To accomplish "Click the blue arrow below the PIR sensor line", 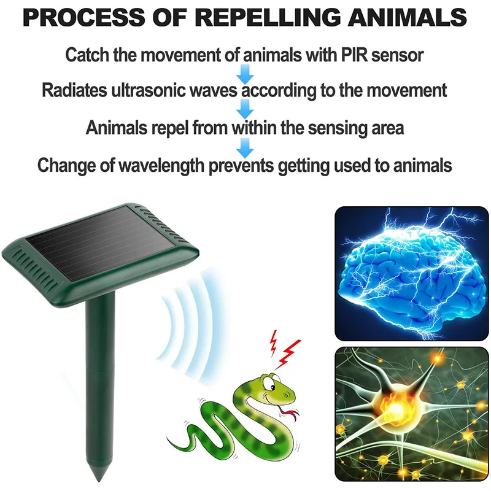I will coord(245,74).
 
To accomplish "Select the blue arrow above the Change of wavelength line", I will coord(245,147).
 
